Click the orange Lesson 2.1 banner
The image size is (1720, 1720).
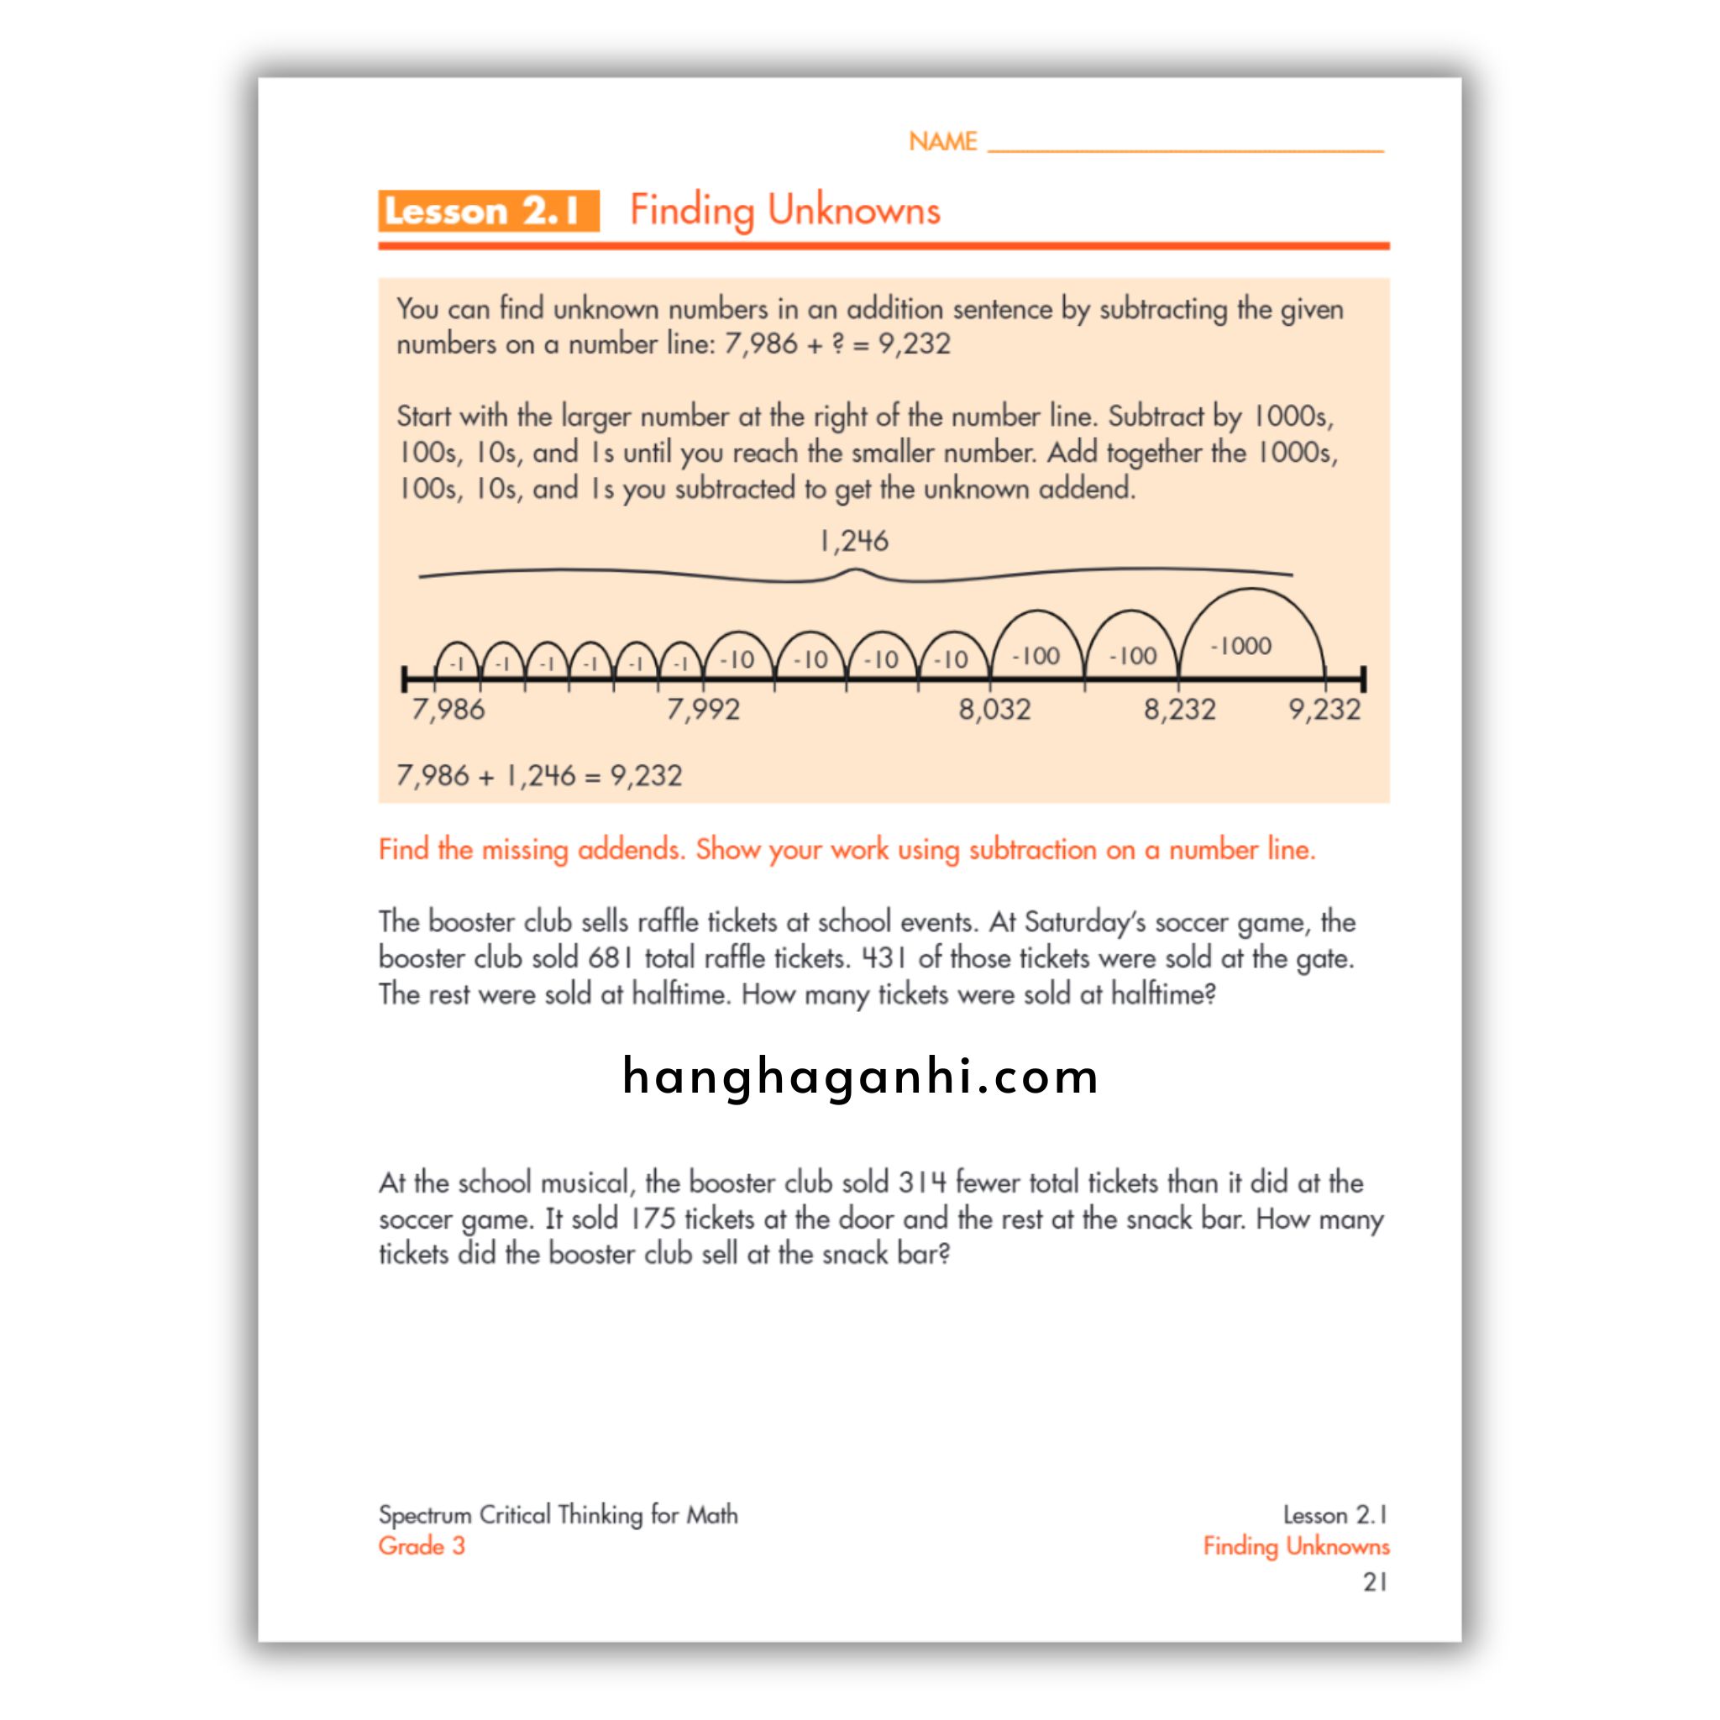tap(488, 211)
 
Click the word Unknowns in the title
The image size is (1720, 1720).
tap(854, 211)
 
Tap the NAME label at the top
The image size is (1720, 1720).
tap(942, 142)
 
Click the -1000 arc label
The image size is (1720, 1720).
tap(1240, 647)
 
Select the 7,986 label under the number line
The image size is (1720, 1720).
tap(448, 710)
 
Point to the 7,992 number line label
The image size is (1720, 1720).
tap(703, 710)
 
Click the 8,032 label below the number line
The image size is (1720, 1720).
tap(994, 710)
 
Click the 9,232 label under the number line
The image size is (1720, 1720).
tap(1324, 710)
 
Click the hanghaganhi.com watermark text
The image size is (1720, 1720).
tap(860, 1077)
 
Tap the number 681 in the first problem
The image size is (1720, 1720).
tap(611, 959)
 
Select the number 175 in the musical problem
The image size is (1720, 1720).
tap(653, 1219)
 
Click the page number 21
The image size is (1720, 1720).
tap(1375, 1582)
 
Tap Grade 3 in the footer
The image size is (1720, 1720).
tap(421, 1545)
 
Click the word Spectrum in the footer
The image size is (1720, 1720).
tap(425, 1514)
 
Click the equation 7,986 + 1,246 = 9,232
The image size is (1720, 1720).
tap(538, 775)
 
